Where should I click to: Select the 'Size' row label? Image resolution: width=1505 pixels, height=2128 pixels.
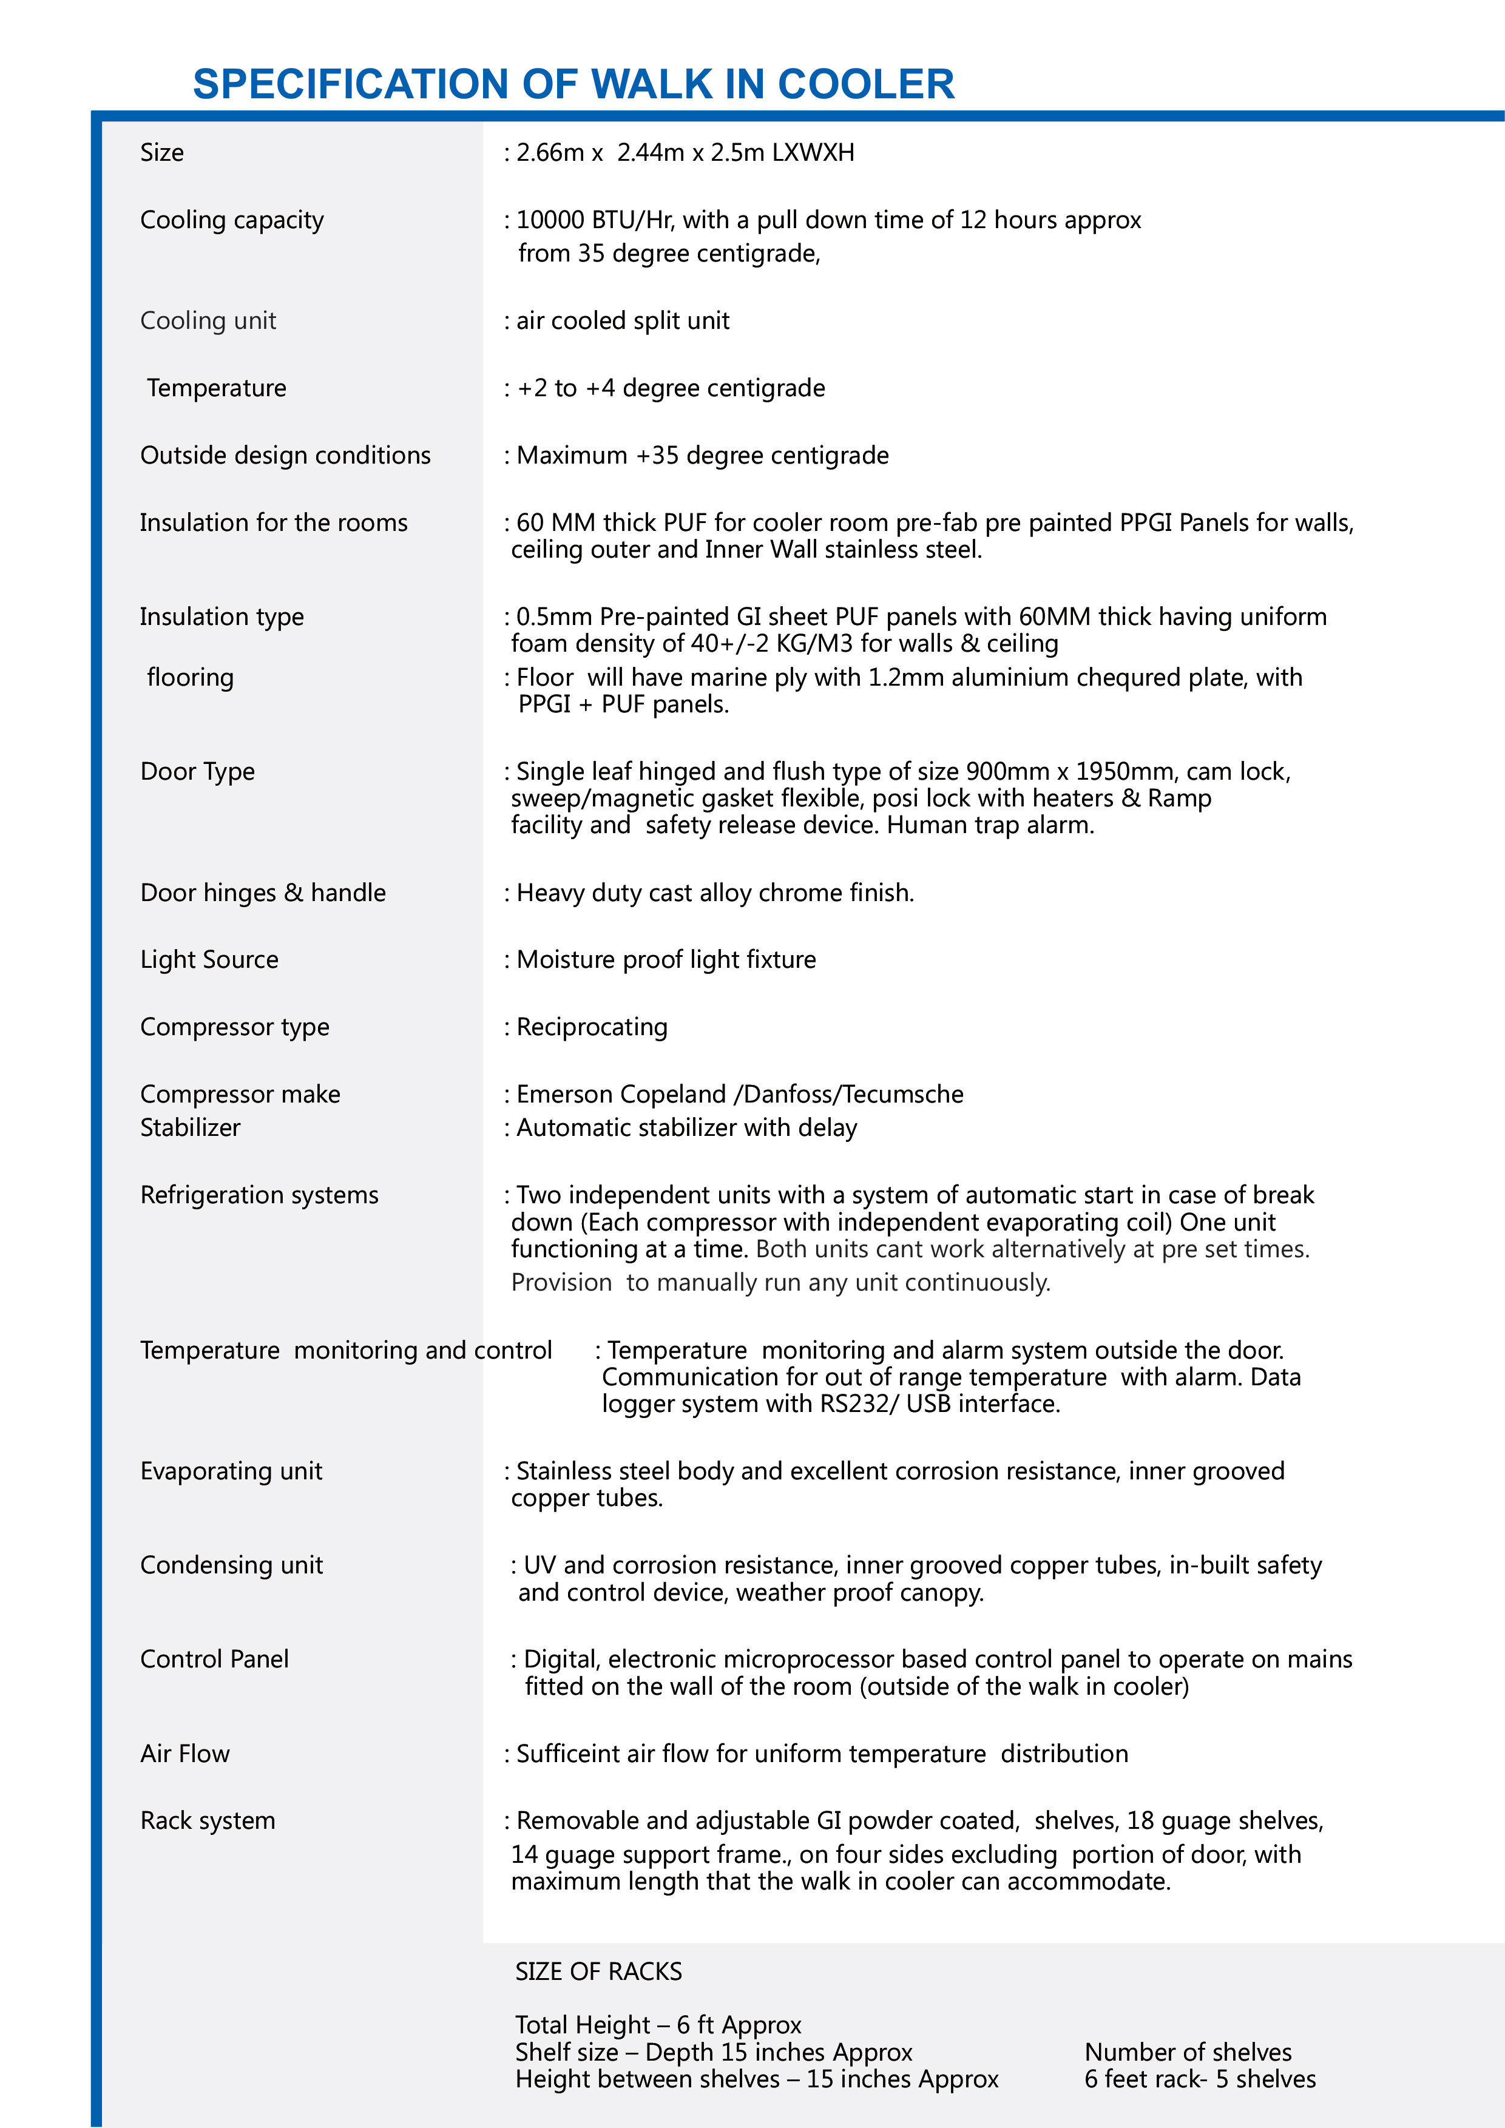tap(162, 153)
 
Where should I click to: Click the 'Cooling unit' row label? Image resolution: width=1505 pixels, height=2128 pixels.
tap(209, 320)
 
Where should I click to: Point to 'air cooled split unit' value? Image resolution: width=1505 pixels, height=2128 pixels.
tap(623, 320)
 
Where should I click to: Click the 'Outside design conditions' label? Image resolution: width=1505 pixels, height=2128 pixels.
tap(285, 455)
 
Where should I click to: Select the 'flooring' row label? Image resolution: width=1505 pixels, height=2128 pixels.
tap(190, 678)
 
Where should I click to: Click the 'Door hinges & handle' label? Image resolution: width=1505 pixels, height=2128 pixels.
tap(263, 893)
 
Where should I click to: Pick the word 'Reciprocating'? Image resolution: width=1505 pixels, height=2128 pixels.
tap(592, 1027)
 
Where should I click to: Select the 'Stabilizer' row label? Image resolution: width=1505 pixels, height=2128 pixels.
tap(190, 1128)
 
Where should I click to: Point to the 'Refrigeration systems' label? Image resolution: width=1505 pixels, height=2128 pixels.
tap(260, 1195)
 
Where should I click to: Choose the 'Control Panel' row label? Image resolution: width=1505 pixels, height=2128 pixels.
tap(214, 1659)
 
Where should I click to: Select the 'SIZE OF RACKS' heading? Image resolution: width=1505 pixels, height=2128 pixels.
tap(599, 1971)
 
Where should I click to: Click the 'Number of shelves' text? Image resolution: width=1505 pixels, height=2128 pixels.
tap(1188, 2052)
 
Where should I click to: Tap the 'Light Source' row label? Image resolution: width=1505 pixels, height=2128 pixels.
tap(209, 959)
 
